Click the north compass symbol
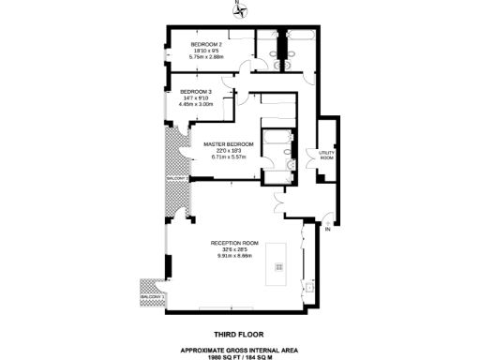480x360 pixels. [x=240, y=11]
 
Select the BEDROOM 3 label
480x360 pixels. [x=197, y=91]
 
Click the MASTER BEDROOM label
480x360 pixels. [x=226, y=143]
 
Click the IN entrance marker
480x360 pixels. [x=328, y=229]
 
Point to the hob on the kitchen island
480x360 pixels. [x=277, y=267]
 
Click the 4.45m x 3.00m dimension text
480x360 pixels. [x=197, y=104]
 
